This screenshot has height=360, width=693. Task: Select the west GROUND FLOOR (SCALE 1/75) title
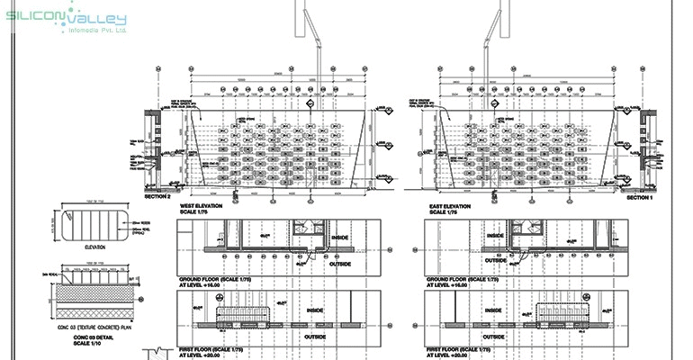[x=214, y=280]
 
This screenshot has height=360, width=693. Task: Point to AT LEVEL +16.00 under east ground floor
[x=449, y=286]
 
